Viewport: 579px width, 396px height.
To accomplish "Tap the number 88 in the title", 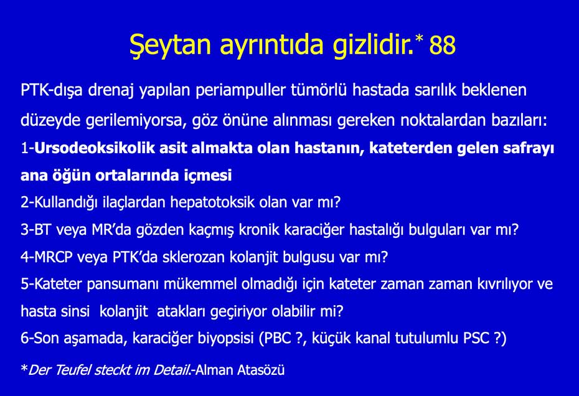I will click(442, 45).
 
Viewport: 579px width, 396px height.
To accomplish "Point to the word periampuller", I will click(242, 90).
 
